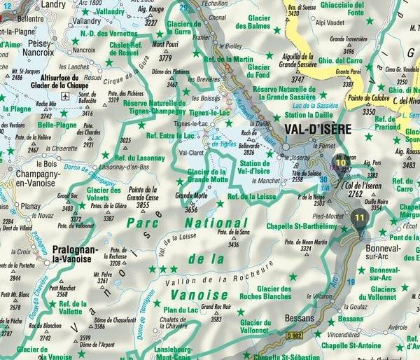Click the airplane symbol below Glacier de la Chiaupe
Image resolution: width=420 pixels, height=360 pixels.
64,95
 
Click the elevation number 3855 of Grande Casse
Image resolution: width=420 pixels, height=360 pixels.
143,206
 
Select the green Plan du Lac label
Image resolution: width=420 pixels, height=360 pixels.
181,310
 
